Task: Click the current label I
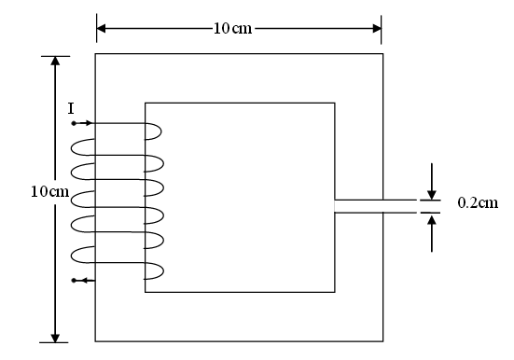[72, 109]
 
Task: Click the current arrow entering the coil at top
[88, 123]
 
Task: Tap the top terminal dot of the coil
[74, 123]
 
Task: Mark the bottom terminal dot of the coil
[74, 279]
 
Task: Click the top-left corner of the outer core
[96, 54]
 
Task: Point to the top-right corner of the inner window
[335, 103]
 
